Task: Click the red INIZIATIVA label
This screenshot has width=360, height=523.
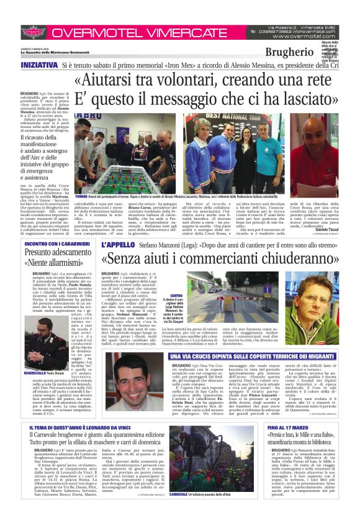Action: (39, 65)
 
